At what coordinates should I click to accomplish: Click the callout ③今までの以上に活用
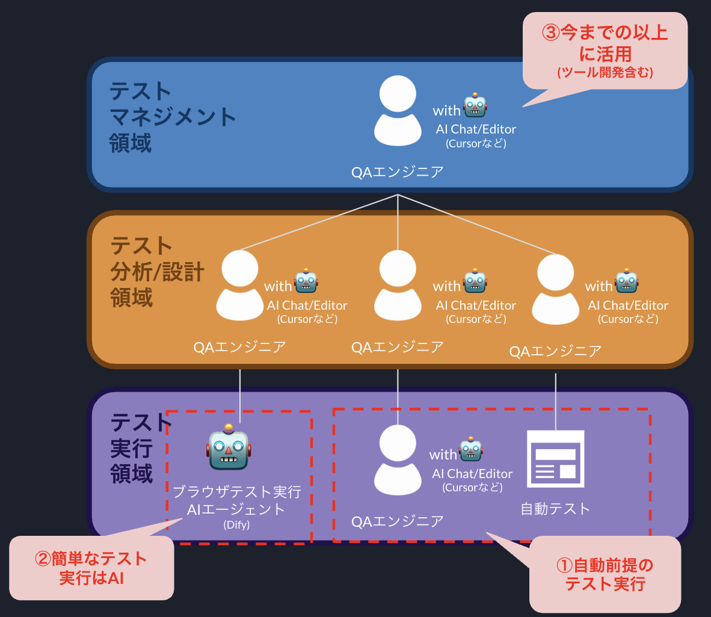pos(605,52)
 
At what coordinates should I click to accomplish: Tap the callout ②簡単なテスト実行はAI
pos(91,568)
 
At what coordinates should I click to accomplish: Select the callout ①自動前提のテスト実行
pos(605,574)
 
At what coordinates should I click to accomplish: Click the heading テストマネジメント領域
pos(171,117)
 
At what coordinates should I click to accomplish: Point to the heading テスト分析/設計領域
pos(157,272)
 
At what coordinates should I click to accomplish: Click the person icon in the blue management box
pos(398,111)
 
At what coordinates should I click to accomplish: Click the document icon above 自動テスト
pos(555,459)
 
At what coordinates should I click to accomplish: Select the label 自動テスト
pos(555,509)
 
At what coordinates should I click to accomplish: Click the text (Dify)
pos(236,524)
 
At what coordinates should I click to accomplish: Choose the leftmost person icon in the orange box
pos(240,286)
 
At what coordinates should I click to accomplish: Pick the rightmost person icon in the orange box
pos(556,289)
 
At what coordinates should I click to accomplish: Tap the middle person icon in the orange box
pos(398,286)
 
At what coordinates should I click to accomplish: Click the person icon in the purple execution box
pos(398,460)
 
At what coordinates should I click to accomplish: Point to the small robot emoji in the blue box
pos(475,106)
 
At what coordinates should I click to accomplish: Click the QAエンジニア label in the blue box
pos(398,172)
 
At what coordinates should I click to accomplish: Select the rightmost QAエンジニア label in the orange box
pos(555,351)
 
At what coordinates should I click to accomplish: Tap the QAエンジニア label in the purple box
pos(398,521)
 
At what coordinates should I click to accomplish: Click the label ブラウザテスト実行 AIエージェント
pos(236,500)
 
